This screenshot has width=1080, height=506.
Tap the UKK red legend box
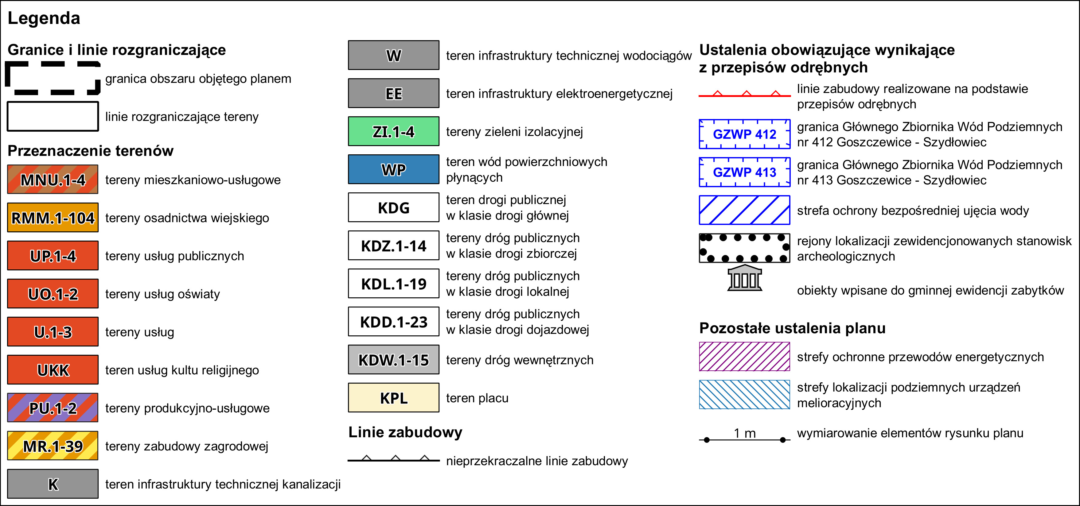[x=53, y=369]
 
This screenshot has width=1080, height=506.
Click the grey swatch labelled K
[x=53, y=484]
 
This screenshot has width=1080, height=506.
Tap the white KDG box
[x=394, y=207]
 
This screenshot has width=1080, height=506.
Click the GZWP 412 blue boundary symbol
[x=745, y=134]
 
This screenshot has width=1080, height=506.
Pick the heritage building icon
[x=745, y=278]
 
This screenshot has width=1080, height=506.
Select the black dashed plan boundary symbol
[x=53, y=78]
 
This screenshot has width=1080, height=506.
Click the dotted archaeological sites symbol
[x=745, y=248]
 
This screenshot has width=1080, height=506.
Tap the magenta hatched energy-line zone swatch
[x=745, y=357]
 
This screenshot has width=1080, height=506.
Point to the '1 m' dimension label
[x=745, y=433]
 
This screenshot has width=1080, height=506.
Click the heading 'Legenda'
[x=44, y=18]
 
